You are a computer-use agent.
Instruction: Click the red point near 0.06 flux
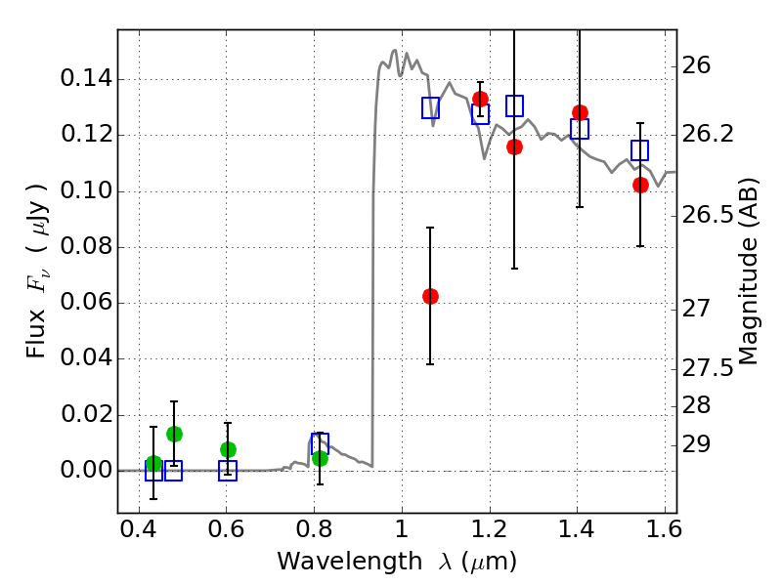tap(430, 296)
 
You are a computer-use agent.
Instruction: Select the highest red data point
tap(480, 99)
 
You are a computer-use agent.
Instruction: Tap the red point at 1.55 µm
tap(640, 185)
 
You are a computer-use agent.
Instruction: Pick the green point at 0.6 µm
tap(228, 449)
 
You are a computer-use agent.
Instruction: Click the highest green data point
tap(174, 434)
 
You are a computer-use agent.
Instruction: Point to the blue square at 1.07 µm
tap(430, 107)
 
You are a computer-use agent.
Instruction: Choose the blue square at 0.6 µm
tap(228, 471)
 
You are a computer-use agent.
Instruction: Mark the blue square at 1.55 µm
tap(640, 150)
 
